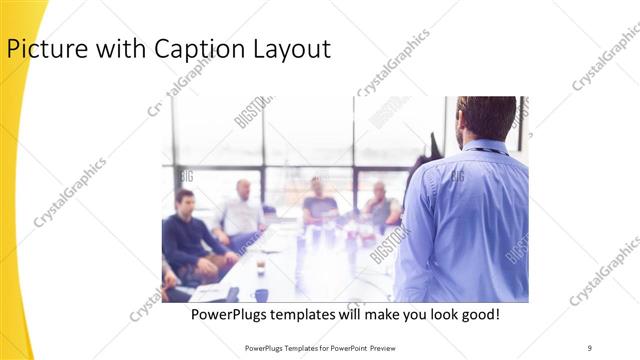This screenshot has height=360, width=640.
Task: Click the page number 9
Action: point(591,348)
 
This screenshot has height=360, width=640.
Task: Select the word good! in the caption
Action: point(478,315)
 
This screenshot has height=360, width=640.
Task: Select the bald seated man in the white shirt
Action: point(241,211)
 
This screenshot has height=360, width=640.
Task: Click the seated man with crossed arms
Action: point(380,205)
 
